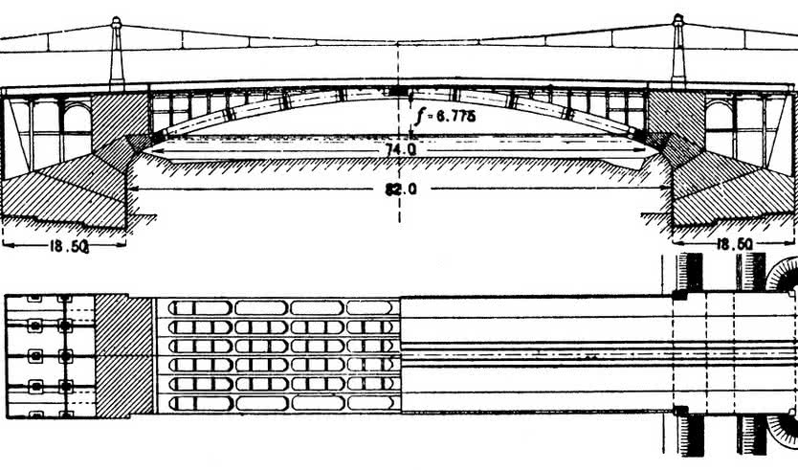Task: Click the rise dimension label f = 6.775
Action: pos(445,117)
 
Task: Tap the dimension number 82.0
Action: pos(401,190)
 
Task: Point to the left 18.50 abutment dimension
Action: pos(69,247)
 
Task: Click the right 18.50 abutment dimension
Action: pos(734,245)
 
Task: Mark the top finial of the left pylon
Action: pos(117,22)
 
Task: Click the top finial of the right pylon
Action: pos(677,20)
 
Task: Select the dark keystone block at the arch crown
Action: pos(398,91)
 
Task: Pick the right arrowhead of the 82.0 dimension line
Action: pos(668,189)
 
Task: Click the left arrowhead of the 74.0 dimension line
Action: pos(149,150)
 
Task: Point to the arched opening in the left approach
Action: pos(78,118)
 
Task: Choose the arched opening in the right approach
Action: pos(720,116)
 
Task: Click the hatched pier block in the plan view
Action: pos(123,355)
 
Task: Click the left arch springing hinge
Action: pos(158,136)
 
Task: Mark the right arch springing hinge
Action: pos(637,134)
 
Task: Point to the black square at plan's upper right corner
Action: pos(679,295)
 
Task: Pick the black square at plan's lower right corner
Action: pos(680,411)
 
